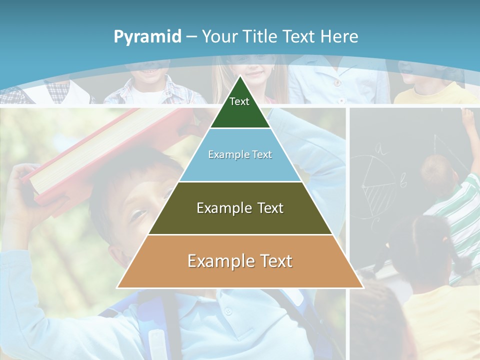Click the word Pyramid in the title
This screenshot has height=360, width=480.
tap(147, 36)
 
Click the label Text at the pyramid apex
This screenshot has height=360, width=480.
tap(239, 101)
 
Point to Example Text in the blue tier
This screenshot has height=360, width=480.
tap(240, 154)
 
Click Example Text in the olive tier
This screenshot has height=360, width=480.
tap(240, 208)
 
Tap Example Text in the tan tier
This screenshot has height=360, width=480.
tap(240, 261)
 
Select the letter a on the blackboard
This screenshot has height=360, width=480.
tap(380, 148)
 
